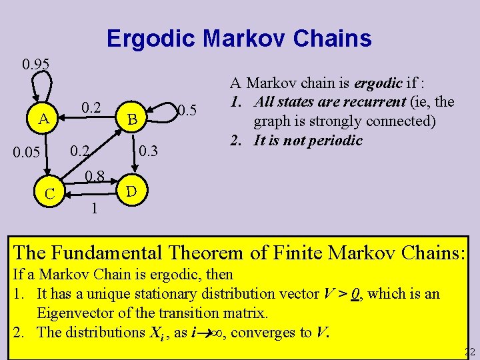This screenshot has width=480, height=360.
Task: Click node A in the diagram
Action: [x=43, y=119]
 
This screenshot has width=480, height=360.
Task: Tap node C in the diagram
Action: [x=49, y=194]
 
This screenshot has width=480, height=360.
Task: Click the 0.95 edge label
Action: [x=35, y=65]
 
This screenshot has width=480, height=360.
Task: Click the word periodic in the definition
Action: [x=334, y=140]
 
